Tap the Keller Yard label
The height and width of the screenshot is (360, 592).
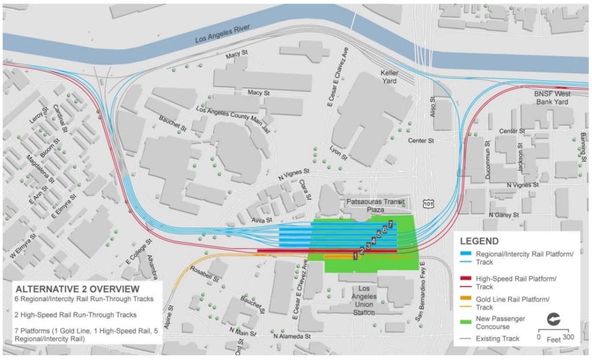click(x=395, y=77)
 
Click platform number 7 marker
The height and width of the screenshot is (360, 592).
click(x=391, y=224)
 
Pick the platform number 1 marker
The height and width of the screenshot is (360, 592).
click(x=356, y=255)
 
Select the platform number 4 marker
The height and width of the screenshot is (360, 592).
click(x=373, y=240)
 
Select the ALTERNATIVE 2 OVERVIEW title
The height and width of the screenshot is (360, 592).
click(x=77, y=288)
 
